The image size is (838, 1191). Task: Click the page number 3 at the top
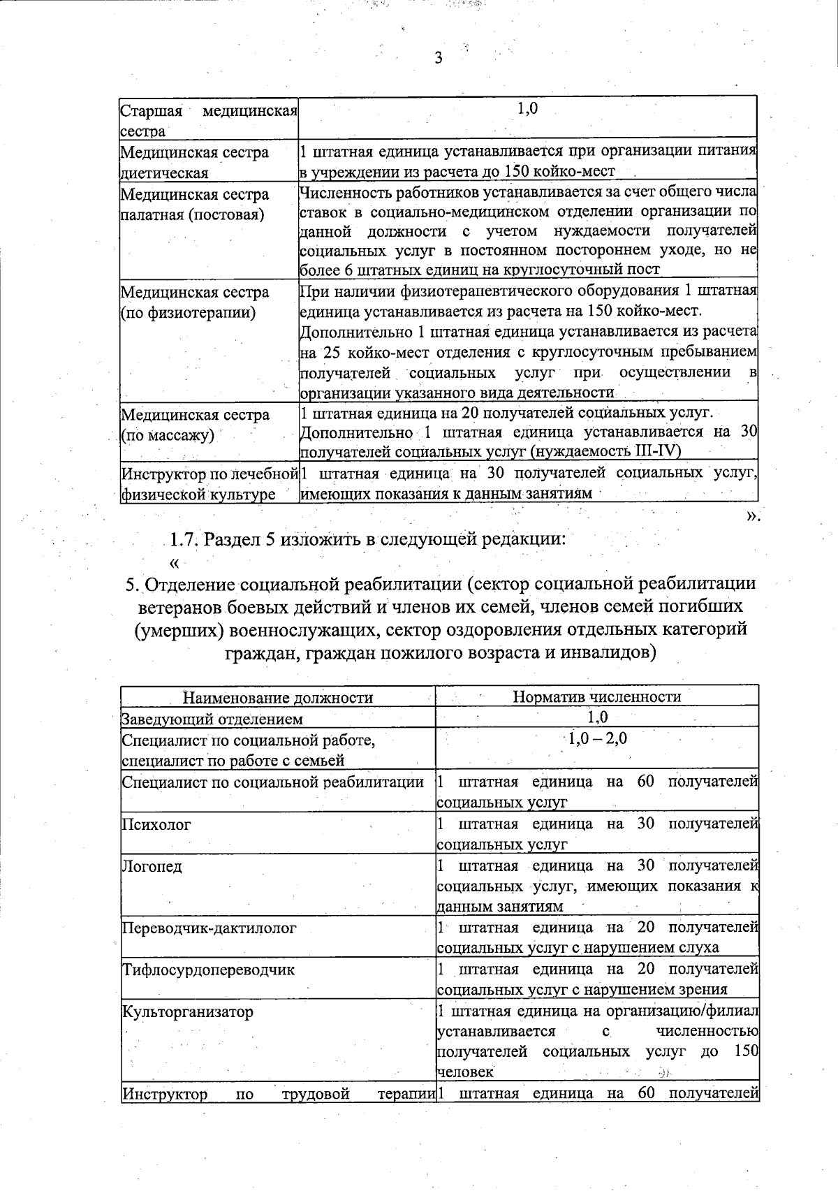pos(439,59)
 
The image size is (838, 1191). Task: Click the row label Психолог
pos(156,824)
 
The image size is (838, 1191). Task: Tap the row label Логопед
pos(152,866)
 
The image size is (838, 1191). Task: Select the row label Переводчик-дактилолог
pos(209,928)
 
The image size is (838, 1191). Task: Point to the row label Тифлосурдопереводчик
pos(208,970)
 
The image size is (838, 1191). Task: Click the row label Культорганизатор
pos(187,1011)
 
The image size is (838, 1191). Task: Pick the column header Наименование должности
pos(277,697)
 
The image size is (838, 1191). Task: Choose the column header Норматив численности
pos(596,696)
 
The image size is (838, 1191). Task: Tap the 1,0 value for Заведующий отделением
pos(598,717)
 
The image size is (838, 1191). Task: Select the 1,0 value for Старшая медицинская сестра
pos(527,109)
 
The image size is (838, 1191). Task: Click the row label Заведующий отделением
pos(212,719)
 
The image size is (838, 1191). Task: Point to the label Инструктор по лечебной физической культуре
pos(209,484)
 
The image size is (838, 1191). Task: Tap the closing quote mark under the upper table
pos(751,516)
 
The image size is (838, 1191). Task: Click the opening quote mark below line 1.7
pos(175,563)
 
